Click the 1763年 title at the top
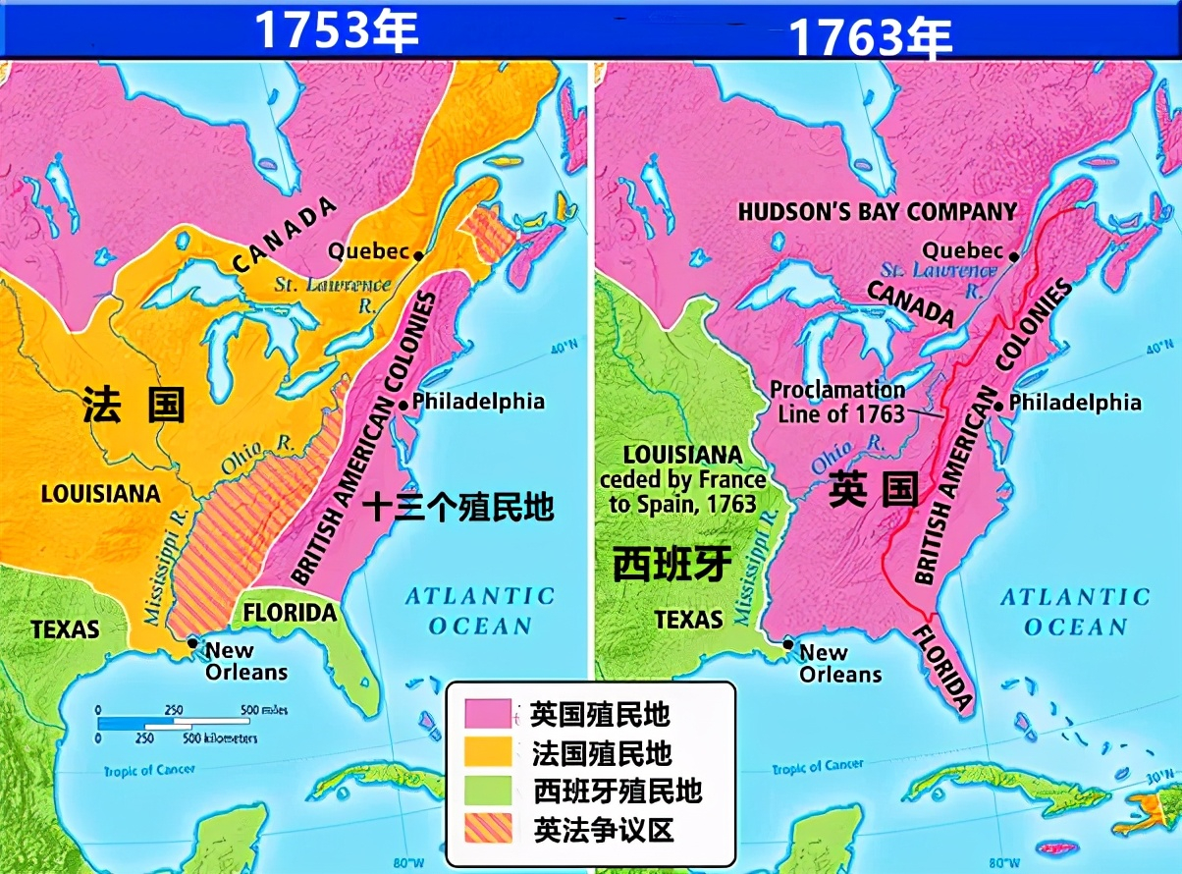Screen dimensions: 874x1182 click(x=871, y=37)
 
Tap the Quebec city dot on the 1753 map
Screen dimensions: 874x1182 click(x=418, y=255)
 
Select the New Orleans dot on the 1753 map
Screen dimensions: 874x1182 click(x=192, y=644)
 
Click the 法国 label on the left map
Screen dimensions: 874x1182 click(x=134, y=404)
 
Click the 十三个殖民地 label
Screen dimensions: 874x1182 click(x=458, y=507)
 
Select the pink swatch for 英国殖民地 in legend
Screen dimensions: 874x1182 click(x=488, y=714)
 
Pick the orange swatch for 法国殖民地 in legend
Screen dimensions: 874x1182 click(x=488, y=752)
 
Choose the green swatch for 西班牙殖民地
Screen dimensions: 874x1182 click(x=488, y=791)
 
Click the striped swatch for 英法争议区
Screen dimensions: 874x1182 click(x=488, y=830)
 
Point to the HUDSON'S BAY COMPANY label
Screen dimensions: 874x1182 click(x=877, y=211)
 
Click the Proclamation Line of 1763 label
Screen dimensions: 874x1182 click(x=838, y=402)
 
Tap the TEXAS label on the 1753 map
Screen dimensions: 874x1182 click(x=66, y=628)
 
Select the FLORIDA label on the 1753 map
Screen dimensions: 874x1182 click(x=290, y=613)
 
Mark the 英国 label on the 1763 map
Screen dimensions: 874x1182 click(x=873, y=489)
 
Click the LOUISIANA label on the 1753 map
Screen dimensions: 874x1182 click(x=100, y=494)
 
